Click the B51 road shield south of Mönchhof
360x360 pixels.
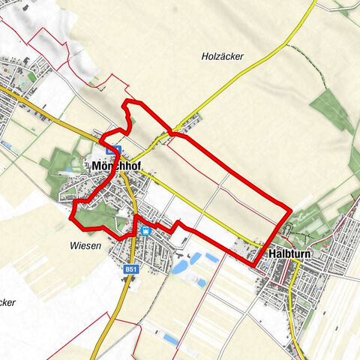pyautogui.click(x=132, y=268)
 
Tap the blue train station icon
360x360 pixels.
pyautogui.click(x=145, y=230)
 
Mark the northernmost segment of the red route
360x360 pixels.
pyautogui.click(x=133, y=101)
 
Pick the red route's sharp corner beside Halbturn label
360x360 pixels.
pyautogui.click(x=253, y=262)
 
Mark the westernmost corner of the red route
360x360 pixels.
pyautogui.click(x=71, y=216)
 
